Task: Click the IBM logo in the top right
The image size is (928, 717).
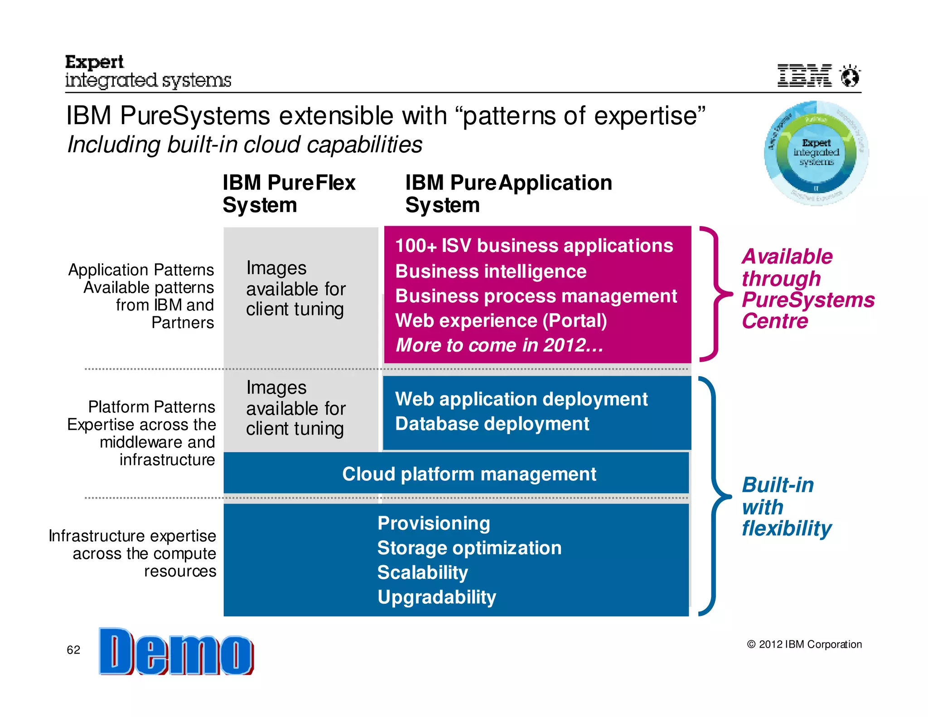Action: click(x=804, y=75)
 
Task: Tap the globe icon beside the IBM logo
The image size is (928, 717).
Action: click(x=850, y=76)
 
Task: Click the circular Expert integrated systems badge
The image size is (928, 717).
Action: click(x=816, y=153)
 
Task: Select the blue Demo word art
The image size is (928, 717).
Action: click(x=176, y=652)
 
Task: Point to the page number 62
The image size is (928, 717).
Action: click(x=73, y=650)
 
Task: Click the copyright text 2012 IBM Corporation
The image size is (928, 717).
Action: click(x=804, y=644)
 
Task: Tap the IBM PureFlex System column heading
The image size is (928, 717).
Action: click(x=289, y=194)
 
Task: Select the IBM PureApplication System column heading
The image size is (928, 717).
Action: click(x=508, y=194)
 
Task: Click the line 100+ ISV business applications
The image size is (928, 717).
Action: click(x=534, y=246)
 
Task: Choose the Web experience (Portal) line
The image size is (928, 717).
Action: click(x=501, y=320)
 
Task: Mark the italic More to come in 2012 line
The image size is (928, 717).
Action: click(x=499, y=345)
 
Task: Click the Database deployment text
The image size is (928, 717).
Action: click(x=492, y=424)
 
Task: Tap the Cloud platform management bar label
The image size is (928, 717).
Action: click(x=469, y=474)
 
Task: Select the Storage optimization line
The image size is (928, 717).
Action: click(x=469, y=548)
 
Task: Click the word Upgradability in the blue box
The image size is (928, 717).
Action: click(x=436, y=597)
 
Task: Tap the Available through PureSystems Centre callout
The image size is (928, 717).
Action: click(x=807, y=289)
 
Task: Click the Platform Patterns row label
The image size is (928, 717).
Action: click(x=151, y=407)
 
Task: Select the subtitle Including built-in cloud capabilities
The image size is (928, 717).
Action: click(x=245, y=145)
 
